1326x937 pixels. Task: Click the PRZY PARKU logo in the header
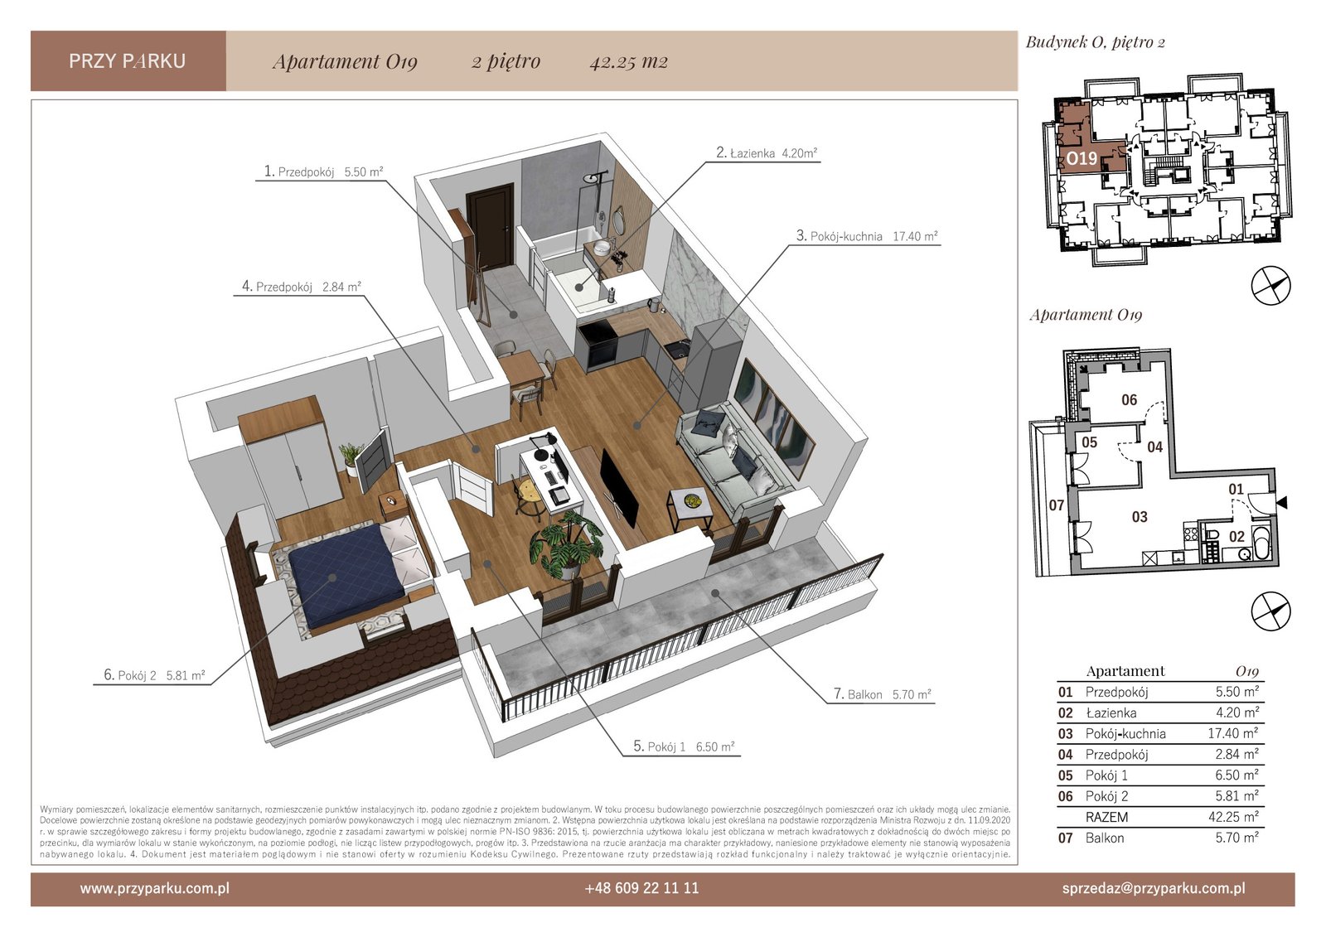[x=128, y=61]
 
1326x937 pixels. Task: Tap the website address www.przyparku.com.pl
[x=154, y=888]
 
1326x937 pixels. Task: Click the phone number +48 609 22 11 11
[x=641, y=888]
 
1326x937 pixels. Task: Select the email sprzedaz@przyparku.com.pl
[x=1154, y=888]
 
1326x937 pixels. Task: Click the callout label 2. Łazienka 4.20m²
[x=767, y=152]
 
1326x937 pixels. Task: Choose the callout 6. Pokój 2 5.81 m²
[x=154, y=674]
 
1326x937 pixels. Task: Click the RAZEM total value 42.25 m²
[x=1233, y=817]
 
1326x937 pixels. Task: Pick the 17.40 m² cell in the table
[x=1233, y=733]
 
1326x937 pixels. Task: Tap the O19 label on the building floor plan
[x=1082, y=158]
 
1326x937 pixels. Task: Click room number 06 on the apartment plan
[x=1129, y=400]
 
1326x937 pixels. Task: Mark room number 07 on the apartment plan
[x=1057, y=505]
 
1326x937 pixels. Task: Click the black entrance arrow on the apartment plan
[x=1281, y=503]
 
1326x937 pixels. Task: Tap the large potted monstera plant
[x=564, y=544]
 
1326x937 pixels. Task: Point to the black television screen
[x=619, y=489]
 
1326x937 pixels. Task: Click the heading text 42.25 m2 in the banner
[x=629, y=61]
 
